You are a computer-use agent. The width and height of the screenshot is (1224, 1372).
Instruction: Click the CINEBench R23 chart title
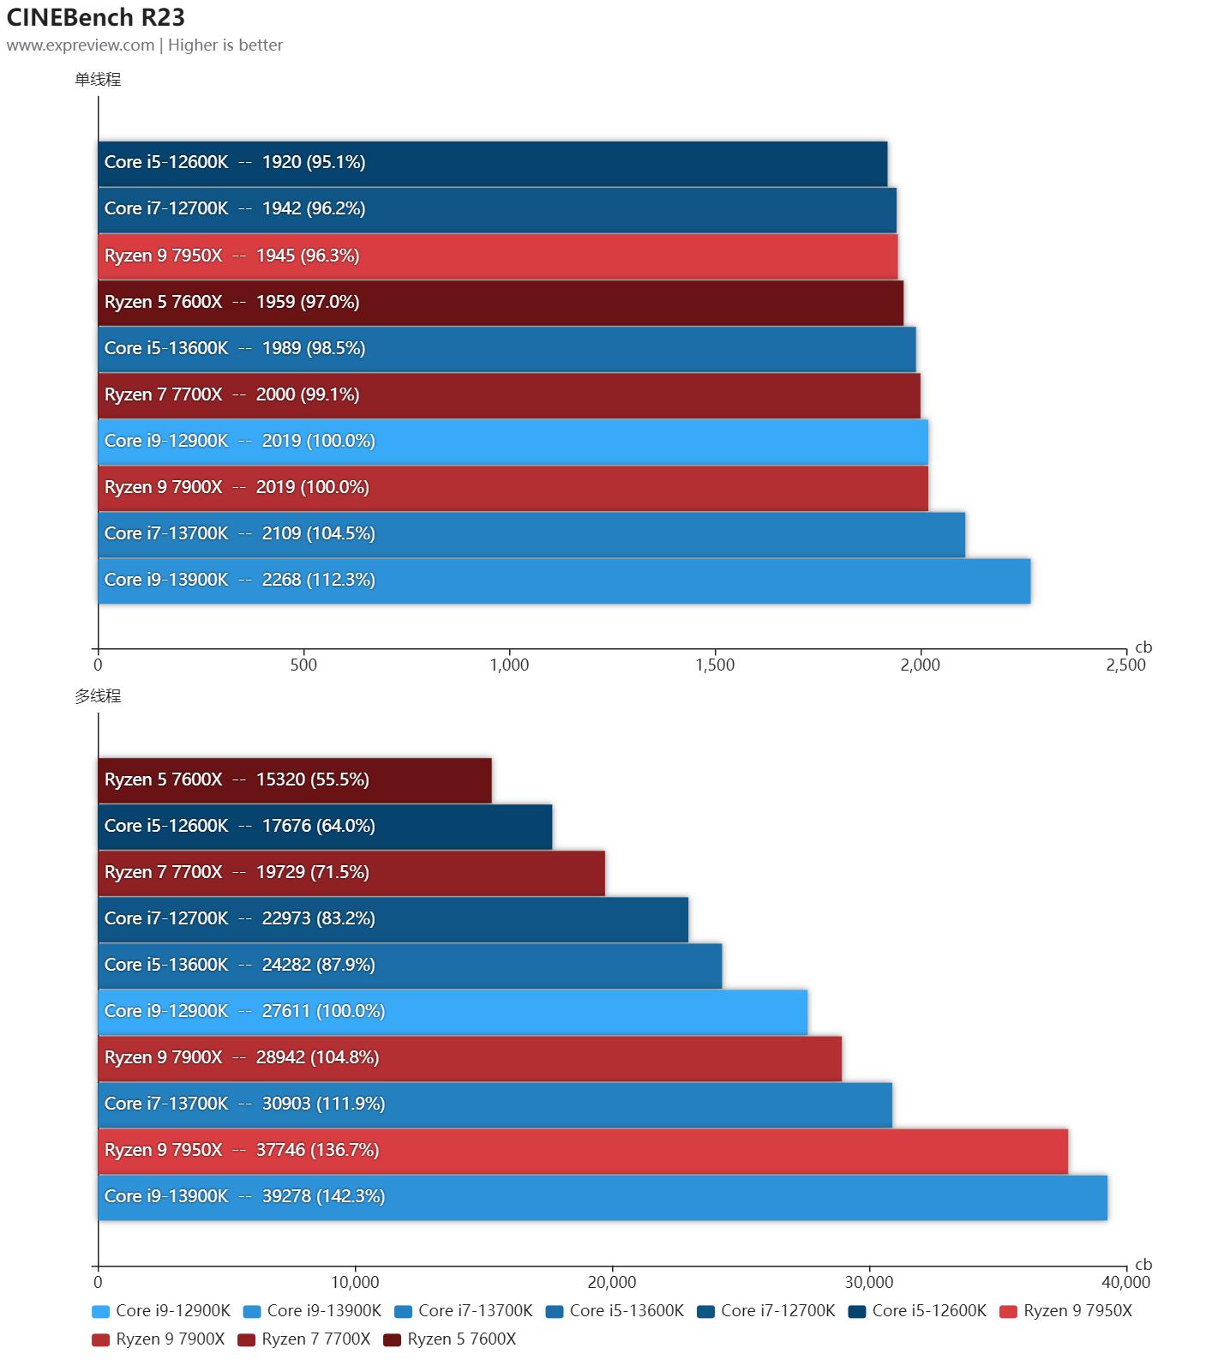pyautogui.click(x=96, y=17)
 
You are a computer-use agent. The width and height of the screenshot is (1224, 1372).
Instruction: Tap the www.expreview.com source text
pyautogui.click(x=81, y=45)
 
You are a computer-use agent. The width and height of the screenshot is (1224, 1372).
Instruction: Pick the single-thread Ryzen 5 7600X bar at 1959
pyautogui.click(x=501, y=303)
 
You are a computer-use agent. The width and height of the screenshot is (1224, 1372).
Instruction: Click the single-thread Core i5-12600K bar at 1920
pyautogui.click(x=493, y=163)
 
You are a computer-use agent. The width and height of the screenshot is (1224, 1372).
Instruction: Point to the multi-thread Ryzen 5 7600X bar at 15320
pyautogui.click(x=295, y=780)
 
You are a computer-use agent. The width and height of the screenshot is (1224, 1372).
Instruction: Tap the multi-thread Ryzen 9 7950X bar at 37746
pyautogui.click(x=583, y=1151)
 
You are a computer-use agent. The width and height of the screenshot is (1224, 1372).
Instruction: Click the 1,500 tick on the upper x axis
pyautogui.click(x=715, y=665)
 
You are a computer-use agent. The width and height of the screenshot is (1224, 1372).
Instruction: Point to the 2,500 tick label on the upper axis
pyautogui.click(x=1125, y=665)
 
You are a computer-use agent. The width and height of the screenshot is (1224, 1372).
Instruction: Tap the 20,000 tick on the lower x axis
pyautogui.click(x=612, y=1282)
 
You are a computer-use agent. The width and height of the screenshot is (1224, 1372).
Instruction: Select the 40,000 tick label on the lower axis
pyautogui.click(x=1125, y=1282)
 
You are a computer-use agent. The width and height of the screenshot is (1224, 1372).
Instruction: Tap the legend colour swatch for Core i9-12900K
pyautogui.click(x=100, y=1311)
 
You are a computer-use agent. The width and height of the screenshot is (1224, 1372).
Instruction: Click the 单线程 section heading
pyautogui.click(x=98, y=80)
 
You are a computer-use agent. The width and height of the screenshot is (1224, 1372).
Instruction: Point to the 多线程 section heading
pyautogui.click(x=98, y=696)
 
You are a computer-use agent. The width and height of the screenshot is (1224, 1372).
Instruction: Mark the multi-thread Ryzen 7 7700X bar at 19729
pyautogui.click(x=351, y=873)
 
